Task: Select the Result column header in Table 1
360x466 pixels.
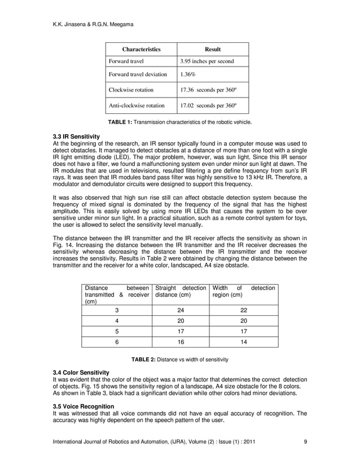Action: (212, 49)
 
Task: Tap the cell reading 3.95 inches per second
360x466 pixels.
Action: (207, 61)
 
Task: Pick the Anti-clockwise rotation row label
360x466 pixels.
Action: (137, 105)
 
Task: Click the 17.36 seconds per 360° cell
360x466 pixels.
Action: (208, 90)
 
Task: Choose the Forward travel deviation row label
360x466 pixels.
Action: (138, 74)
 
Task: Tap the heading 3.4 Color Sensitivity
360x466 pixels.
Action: (81, 373)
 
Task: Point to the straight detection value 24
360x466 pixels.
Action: (181, 310)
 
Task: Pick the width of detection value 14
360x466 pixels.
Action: (244, 342)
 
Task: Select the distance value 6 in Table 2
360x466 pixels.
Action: (117, 342)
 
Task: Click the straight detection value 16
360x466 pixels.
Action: (181, 342)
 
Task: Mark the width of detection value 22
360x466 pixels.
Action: (244, 310)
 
